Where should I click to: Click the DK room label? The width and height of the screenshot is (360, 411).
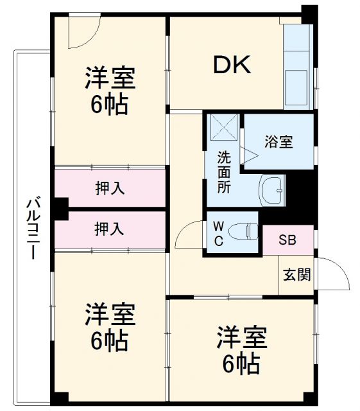pos(232,65)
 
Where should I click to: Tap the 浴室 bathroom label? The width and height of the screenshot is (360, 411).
pos(279,142)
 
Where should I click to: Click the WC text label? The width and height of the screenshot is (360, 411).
pos(218,233)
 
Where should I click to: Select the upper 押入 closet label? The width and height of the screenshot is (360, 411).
pos(110,189)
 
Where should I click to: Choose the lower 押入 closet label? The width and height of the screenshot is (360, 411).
pos(110,228)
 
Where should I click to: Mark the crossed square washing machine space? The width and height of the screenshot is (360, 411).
pos(223,127)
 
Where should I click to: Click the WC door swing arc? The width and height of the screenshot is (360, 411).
pos(188,235)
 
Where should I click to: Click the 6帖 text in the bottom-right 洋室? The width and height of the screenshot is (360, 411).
pos(241,364)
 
